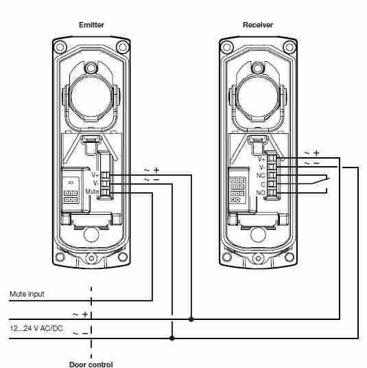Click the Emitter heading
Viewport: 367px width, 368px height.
tap(91, 25)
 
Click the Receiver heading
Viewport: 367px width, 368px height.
tap(258, 25)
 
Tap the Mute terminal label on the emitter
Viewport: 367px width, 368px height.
tap(92, 192)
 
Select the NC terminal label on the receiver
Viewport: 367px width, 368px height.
tap(261, 176)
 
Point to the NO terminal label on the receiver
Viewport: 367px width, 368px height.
tap(261, 193)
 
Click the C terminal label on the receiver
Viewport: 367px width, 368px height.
tap(263, 184)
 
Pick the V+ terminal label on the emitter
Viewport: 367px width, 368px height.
tap(95, 175)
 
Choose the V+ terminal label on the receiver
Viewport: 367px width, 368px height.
tap(261, 159)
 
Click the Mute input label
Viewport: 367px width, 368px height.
tap(27, 294)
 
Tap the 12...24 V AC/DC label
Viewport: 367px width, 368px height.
tap(36, 328)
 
